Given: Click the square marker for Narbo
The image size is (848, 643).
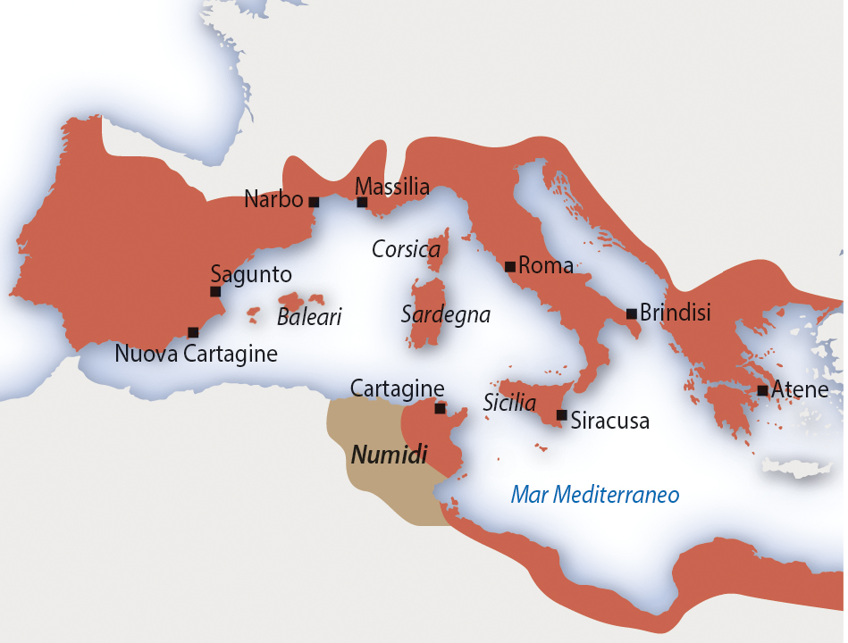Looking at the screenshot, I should tap(314, 202).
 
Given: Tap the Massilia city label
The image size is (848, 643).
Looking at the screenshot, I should tap(392, 188).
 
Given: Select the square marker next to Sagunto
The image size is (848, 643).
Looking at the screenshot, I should tap(215, 292).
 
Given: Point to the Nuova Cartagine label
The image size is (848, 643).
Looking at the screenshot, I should tap(197, 354).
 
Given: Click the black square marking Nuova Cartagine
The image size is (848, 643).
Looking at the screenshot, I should tap(193, 332).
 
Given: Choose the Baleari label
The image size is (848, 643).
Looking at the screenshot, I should tap(309, 317).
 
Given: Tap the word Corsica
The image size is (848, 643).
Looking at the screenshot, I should tap(407, 250).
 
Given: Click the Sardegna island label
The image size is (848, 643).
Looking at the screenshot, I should tap(446, 315).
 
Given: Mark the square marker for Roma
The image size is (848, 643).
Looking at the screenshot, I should tap(509, 266).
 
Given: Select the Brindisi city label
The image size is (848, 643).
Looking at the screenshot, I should tap(675, 313).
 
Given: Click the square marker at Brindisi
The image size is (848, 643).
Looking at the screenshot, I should tap(631, 313).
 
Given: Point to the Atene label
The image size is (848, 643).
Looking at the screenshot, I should tap(800, 389).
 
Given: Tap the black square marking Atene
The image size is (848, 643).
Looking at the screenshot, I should tap(762, 390).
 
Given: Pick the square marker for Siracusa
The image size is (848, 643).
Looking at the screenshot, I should tap(561, 415).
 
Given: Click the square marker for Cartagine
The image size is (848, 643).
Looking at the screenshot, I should tap(440, 408).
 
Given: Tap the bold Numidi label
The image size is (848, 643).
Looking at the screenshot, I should tap(386, 455).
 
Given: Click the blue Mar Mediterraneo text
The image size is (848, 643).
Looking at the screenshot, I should tap(595, 495).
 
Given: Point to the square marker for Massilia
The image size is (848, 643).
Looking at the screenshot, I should tap(362, 203).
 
